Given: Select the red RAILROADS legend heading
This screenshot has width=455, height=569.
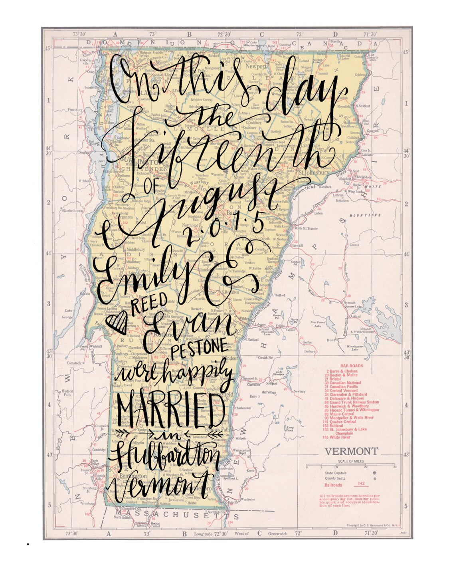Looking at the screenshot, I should pos(351,365).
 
